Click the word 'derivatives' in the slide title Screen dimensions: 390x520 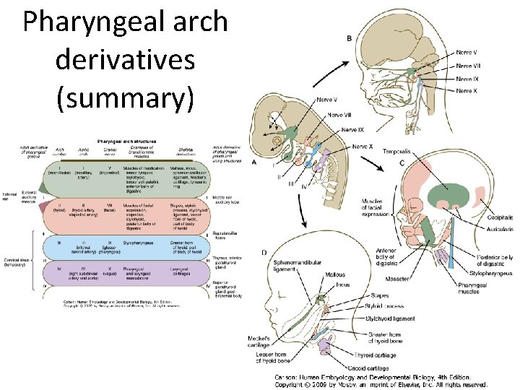tap(125, 61)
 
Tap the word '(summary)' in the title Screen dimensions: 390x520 tap(125, 99)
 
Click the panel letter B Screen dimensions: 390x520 tap(350, 38)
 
